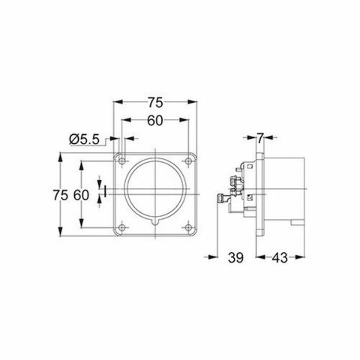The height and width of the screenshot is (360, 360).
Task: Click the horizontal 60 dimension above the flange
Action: coord(156,120)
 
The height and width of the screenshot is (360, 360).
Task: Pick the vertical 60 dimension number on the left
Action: coord(82,194)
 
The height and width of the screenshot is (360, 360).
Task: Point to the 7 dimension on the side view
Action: coord(260,138)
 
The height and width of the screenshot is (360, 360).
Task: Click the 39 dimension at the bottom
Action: coord(234,258)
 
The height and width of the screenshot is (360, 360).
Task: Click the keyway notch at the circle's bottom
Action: coord(156,223)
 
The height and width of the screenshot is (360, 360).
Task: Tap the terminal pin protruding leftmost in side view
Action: coord(220,199)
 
